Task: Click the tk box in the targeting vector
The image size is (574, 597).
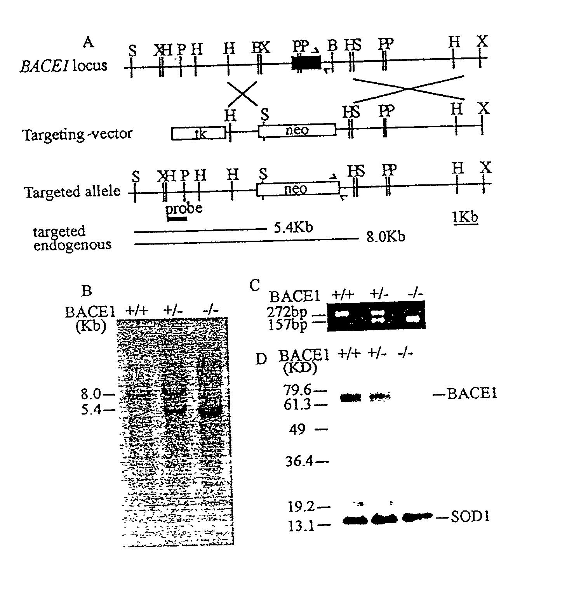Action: coord(198,133)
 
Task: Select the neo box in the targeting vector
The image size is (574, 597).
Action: coord(297,130)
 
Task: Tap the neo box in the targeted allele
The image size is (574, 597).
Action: coord(298,189)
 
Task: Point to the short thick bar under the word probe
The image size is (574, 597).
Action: coord(177,219)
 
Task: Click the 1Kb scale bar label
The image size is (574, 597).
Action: coord(465,217)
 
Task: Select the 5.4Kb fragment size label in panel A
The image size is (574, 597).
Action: coord(290,227)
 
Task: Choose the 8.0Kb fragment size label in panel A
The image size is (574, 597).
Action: coord(386,236)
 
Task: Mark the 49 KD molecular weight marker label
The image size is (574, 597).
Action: coord(297,429)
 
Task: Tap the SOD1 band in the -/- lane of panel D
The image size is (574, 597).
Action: coord(417,517)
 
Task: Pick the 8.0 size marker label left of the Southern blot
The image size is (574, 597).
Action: coord(91,394)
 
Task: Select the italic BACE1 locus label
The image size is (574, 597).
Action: coord(64,65)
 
